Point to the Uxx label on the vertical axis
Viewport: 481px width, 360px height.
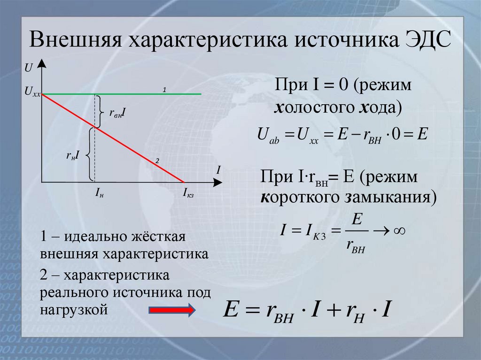tap(32, 94)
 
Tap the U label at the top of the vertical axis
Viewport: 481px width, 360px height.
tap(29, 68)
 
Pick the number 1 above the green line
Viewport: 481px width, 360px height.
tap(164, 89)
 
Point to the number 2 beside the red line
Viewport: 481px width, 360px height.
tap(157, 161)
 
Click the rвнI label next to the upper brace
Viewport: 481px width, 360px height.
tap(116, 113)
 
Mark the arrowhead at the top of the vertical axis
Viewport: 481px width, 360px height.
tap(42, 63)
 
